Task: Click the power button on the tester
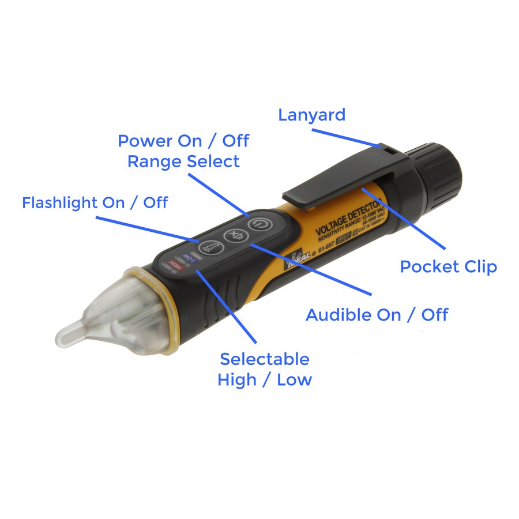257,222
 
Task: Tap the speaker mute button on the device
234,235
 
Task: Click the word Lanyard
311,115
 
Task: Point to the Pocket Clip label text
448,267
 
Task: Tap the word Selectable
265,359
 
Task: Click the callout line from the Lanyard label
346,137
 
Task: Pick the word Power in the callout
144,141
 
